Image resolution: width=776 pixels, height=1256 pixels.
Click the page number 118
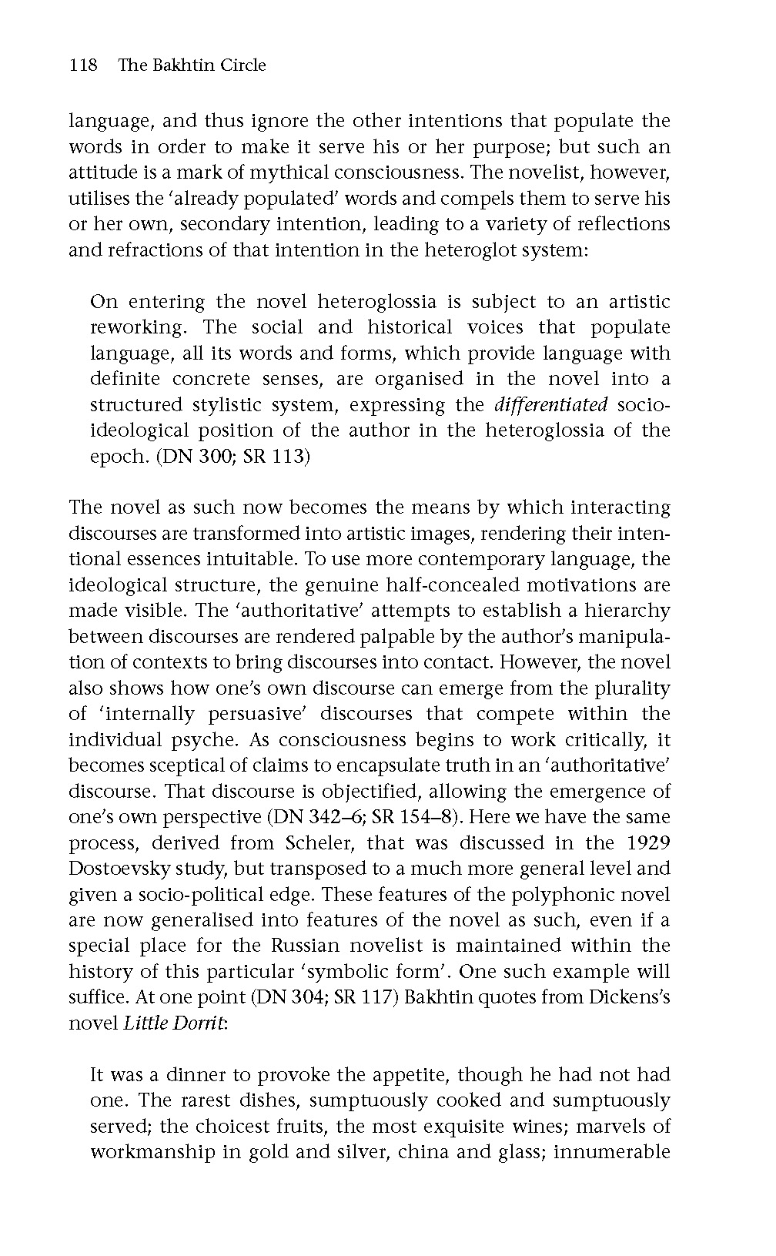coord(83,65)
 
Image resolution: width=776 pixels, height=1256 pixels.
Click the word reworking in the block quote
coord(137,327)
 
